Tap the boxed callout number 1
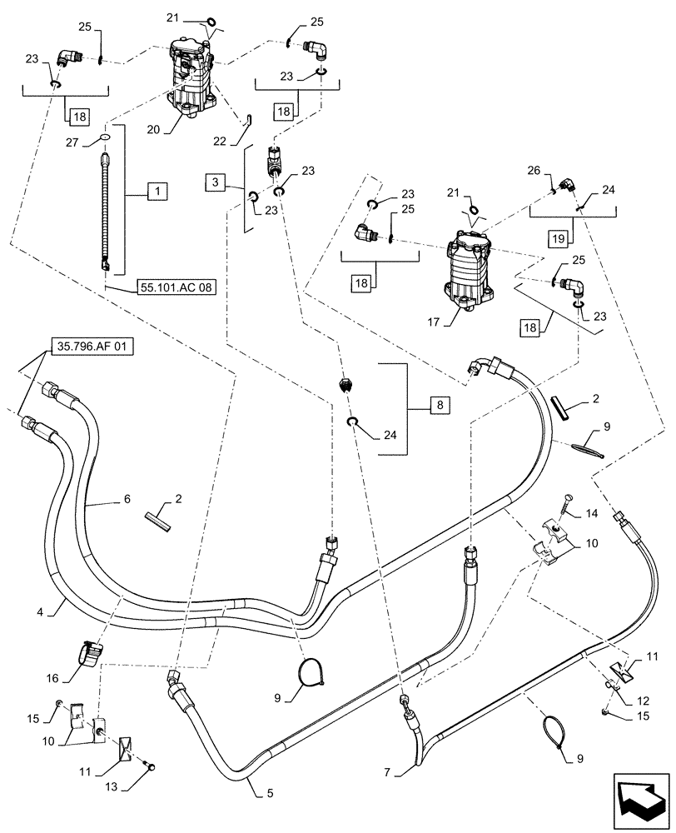coord(158,192)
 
